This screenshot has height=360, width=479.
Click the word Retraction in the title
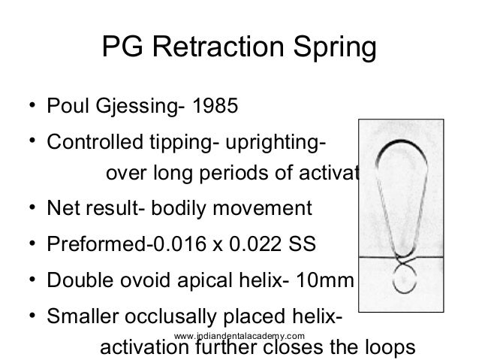[x=213, y=52]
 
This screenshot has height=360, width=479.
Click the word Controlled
[x=94, y=143]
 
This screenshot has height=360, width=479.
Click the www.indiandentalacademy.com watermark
[x=238, y=333]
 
